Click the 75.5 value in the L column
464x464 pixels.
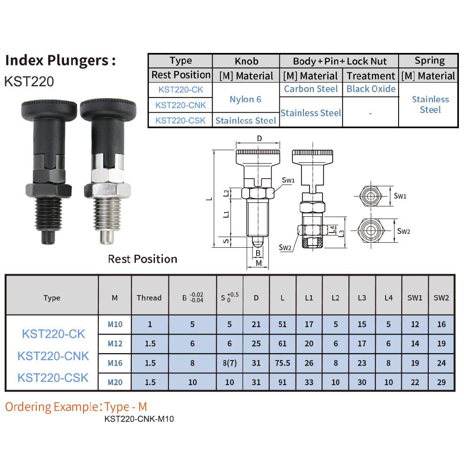click(283, 363)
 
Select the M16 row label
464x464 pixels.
click(115, 363)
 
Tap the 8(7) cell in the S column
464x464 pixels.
click(229, 363)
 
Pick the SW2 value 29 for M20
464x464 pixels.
click(441, 382)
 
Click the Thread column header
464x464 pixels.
click(149, 298)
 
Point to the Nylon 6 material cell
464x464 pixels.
click(245, 99)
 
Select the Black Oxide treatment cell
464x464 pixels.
click(371, 89)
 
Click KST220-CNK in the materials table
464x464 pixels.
click(180, 105)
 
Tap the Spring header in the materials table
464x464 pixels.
click(430, 61)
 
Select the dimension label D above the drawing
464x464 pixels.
click(259, 138)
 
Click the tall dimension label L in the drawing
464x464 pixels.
click(209, 199)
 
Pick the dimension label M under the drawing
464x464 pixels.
click(259, 263)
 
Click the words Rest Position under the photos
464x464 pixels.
click(142, 259)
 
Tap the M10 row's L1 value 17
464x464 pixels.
click(309, 324)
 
